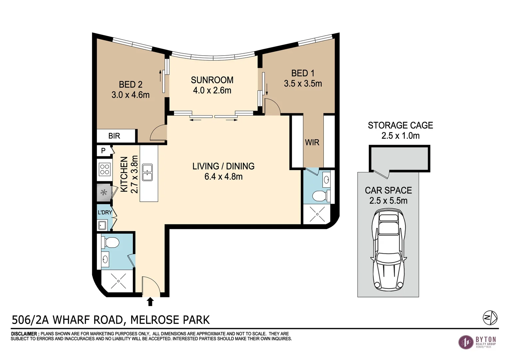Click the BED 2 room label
click(131, 85)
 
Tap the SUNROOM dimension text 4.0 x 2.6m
click(212, 90)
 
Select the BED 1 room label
click(303, 73)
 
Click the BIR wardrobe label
click(114, 136)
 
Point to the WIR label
click(312, 142)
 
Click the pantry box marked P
click(103, 151)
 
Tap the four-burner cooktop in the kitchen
click(105, 169)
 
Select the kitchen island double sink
click(147, 172)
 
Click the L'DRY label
click(105, 212)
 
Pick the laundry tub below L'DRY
click(102, 225)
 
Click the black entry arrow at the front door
click(150, 302)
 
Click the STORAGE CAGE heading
click(400, 125)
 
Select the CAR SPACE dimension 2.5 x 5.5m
click(388, 201)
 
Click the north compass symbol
click(490, 317)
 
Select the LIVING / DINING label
click(224, 166)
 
